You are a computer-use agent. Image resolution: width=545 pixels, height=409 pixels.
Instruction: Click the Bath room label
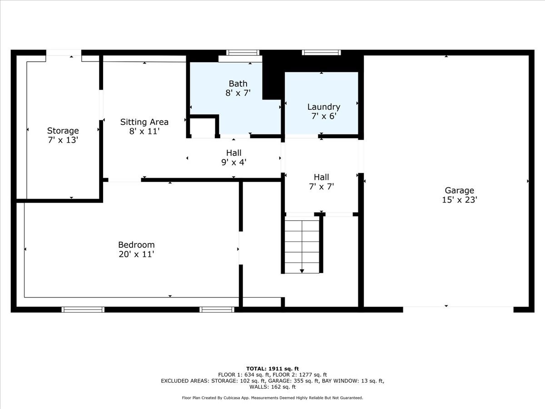[x=238, y=84]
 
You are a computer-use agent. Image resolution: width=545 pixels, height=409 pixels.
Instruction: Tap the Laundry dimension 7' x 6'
[x=323, y=116]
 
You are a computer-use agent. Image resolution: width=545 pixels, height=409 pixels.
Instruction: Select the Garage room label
[x=459, y=190]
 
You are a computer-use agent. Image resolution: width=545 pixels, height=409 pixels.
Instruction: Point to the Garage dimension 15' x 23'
[x=459, y=200]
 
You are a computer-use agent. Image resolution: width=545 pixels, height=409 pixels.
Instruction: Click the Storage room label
[x=63, y=131]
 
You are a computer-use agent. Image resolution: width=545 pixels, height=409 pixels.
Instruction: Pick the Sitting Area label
[x=144, y=122]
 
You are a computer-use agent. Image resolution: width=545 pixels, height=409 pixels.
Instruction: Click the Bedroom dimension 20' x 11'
[x=136, y=254]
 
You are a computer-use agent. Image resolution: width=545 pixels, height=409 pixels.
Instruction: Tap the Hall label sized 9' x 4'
[x=234, y=153]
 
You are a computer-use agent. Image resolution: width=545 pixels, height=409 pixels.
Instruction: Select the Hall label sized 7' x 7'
[x=321, y=177]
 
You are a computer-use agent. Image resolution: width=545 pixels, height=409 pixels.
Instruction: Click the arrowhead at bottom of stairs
[x=302, y=271]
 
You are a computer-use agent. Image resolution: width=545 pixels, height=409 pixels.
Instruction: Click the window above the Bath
[x=243, y=53]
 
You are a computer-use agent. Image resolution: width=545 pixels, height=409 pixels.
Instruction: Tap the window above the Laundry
[x=321, y=53]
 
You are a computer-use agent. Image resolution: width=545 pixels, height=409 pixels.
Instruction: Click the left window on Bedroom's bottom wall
[x=83, y=309]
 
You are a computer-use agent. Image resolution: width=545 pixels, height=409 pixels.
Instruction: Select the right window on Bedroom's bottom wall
[x=217, y=309]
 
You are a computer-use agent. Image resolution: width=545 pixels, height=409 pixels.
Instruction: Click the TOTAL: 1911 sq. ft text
[x=272, y=369]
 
